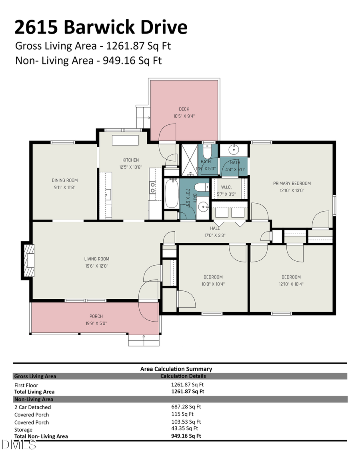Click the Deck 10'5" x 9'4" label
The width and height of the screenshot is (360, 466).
coord(184,112)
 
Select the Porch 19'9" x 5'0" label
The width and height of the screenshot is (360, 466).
coord(96,320)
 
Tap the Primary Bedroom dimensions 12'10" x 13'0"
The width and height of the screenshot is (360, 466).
coord(292,191)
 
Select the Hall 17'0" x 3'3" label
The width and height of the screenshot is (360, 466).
coord(215,232)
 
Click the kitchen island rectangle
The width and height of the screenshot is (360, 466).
coord(125,140)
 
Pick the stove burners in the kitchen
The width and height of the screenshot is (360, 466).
coord(152,187)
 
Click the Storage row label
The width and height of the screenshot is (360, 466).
coord(23,430)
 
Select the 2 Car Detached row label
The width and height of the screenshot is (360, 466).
coord(32,407)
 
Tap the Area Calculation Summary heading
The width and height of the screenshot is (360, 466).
coord(176,369)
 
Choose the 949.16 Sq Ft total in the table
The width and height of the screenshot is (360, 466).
coord(186,436)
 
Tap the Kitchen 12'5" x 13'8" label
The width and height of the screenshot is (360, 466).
coord(130,164)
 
